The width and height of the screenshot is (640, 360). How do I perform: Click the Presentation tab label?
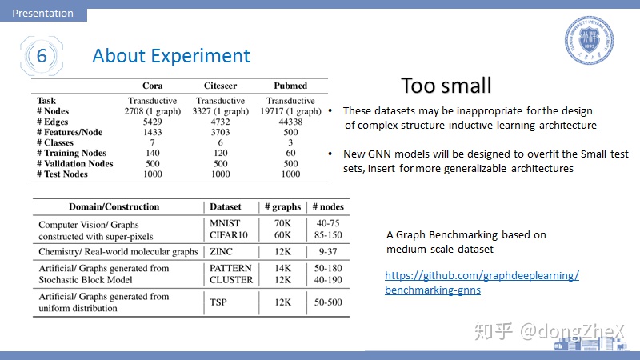pyautogui.click(x=43, y=13)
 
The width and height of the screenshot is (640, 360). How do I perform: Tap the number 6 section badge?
pyautogui.click(x=42, y=56)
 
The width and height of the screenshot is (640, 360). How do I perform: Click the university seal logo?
pyautogui.click(x=589, y=40)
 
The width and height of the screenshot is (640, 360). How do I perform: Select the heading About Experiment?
pyautogui.click(x=171, y=56)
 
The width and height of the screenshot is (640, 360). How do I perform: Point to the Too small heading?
pyautogui.click(x=446, y=86)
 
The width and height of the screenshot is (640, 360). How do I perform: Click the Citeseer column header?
pyautogui.click(x=221, y=86)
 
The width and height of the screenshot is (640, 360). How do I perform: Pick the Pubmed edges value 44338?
pyautogui.click(x=290, y=122)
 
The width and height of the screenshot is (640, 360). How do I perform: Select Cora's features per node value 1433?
pyautogui.click(x=153, y=132)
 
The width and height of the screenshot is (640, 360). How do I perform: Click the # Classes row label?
pyautogui.click(x=55, y=142)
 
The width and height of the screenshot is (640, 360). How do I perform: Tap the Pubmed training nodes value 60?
pyautogui.click(x=290, y=153)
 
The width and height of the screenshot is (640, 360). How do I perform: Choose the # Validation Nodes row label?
pyautogui.click(x=74, y=164)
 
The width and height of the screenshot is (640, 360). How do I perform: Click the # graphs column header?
pyautogui.click(x=283, y=207)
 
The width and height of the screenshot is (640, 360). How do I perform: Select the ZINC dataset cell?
pyautogui.click(x=222, y=251)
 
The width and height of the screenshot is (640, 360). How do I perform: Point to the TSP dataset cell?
pyautogui.click(x=218, y=302)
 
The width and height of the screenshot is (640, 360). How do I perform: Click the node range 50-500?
pyautogui.click(x=328, y=302)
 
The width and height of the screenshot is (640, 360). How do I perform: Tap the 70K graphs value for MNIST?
pyautogui.click(x=283, y=223)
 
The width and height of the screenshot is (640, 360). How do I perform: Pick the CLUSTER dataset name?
pyautogui.click(x=231, y=279)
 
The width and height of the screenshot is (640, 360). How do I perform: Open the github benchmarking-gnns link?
pyautogui.click(x=482, y=282)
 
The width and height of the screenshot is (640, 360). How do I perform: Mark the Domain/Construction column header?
pyautogui.click(x=114, y=206)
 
